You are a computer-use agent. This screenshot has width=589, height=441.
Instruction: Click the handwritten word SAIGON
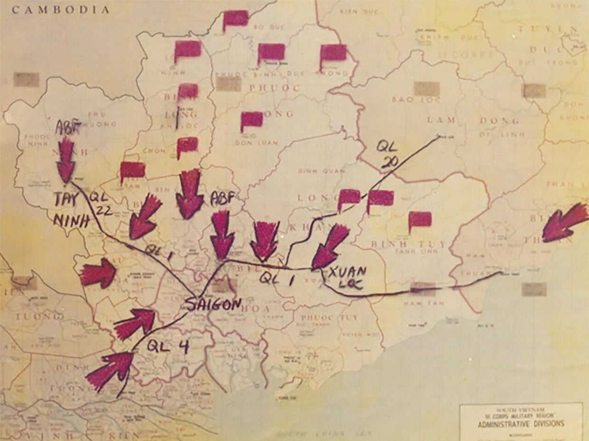tap(213, 304)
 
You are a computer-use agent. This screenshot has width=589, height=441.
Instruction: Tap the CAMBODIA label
tap(61, 9)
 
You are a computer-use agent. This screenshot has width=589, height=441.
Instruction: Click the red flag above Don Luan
tap(251, 121)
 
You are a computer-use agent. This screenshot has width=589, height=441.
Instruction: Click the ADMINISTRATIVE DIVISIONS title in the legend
tap(521, 423)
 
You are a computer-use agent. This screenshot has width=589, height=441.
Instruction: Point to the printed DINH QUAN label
tap(314, 171)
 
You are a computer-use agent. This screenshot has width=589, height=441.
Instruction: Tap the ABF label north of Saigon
tap(222, 199)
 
